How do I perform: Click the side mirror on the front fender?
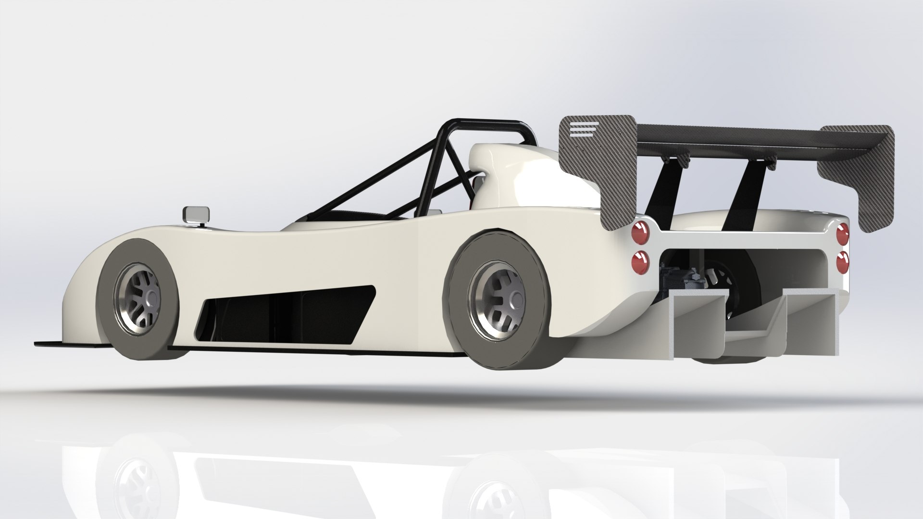click(197, 215)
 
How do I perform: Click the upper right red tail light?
click(843, 235)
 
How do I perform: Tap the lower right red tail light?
click(842, 262)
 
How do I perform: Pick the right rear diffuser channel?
click(812, 327)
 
